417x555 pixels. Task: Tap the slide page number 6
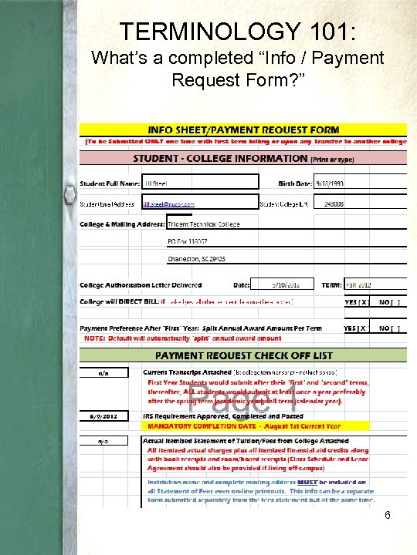(x=386, y=514)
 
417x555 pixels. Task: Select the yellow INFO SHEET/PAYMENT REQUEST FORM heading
(x=244, y=129)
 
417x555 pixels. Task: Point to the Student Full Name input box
(x=199, y=183)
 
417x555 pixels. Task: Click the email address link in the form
(x=168, y=204)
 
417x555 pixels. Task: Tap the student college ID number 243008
(x=334, y=204)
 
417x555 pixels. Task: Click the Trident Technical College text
(x=204, y=224)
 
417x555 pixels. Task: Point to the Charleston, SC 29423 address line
(x=197, y=258)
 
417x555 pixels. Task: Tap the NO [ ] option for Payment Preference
(x=390, y=328)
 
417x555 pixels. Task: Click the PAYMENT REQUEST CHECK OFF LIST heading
(x=244, y=355)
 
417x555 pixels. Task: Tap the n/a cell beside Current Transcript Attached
(x=102, y=373)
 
